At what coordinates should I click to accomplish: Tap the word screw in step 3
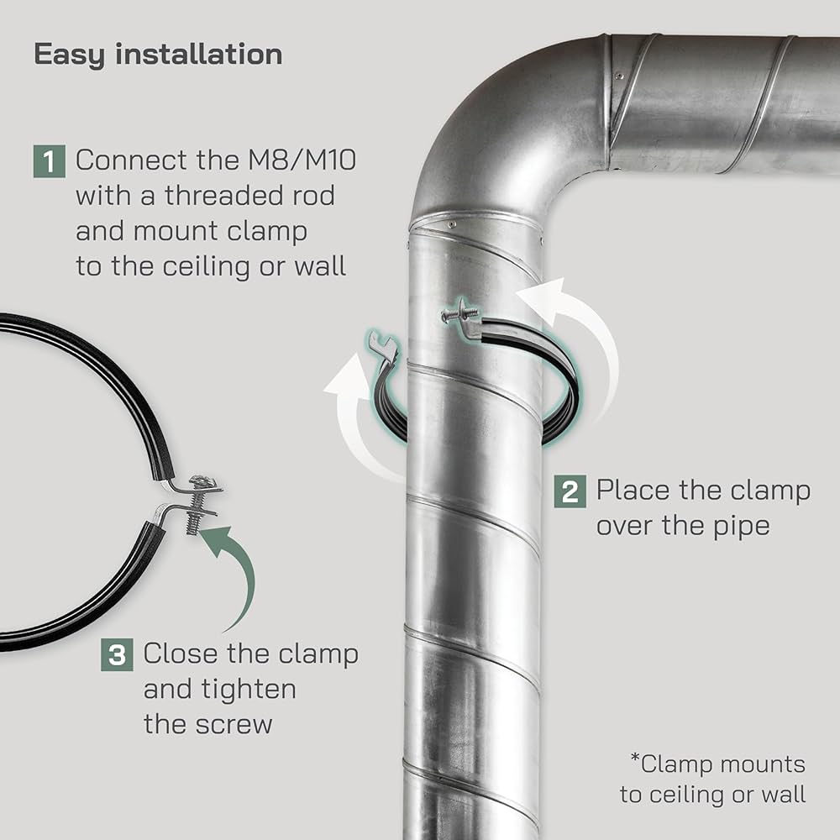[236, 724]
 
